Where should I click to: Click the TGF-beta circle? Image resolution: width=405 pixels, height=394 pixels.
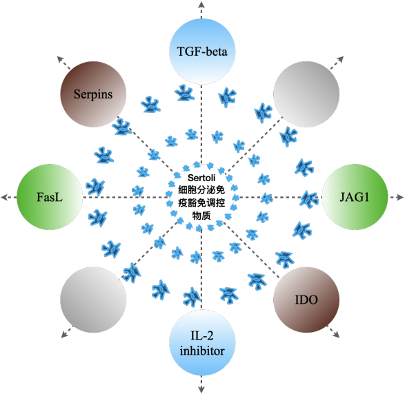coord(202,51)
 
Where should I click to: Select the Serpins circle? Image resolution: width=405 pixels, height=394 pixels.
coord(93,94)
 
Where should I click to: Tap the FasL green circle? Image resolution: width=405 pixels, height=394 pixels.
coord(50,197)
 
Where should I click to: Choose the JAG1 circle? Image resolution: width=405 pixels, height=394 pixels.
coord(355,197)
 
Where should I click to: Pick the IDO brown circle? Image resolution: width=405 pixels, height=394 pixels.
coord(306,300)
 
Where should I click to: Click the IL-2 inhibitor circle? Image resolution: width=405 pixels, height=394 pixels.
coord(202,343)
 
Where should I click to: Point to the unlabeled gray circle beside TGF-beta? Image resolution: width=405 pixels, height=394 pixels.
coord(306,94)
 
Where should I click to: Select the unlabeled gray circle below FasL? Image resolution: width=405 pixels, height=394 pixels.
coord(93,300)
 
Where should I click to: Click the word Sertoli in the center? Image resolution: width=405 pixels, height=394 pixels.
coord(201,178)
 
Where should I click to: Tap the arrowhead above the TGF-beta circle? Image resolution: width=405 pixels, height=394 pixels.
coord(201,4)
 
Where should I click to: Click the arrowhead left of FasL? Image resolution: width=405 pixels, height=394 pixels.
coord(5,197)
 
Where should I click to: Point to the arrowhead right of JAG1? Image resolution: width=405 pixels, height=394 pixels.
coord(400,197)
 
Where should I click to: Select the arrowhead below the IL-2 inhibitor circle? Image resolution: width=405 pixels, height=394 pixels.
coord(201,389)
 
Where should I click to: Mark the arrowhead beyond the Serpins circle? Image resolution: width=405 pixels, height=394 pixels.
coord(61,59)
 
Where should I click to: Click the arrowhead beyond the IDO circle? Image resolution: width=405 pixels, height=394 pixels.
coord(336,335)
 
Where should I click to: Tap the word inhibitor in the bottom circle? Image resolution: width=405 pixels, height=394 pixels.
coord(202,351)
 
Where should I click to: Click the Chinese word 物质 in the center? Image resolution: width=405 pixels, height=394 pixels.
coord(201,216)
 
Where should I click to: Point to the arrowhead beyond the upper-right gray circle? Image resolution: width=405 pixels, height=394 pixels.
coord(340,59)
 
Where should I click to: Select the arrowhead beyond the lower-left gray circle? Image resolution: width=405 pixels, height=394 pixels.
coord(65,334)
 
